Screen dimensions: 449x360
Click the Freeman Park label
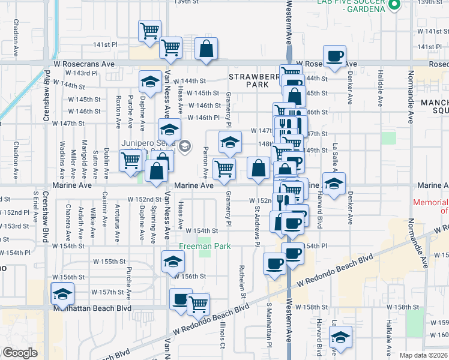(x=203, y=245)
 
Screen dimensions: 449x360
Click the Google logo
(x=20, y=353)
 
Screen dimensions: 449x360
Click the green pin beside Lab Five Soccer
(x=394, y=5)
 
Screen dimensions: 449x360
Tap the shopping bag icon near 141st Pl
(x=206, y=52)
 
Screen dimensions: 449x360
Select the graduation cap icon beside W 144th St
(x=149, y=82)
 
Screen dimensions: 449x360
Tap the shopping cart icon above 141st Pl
(x=149, y=31)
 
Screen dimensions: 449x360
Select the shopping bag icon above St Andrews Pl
(x=258, y=168)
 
